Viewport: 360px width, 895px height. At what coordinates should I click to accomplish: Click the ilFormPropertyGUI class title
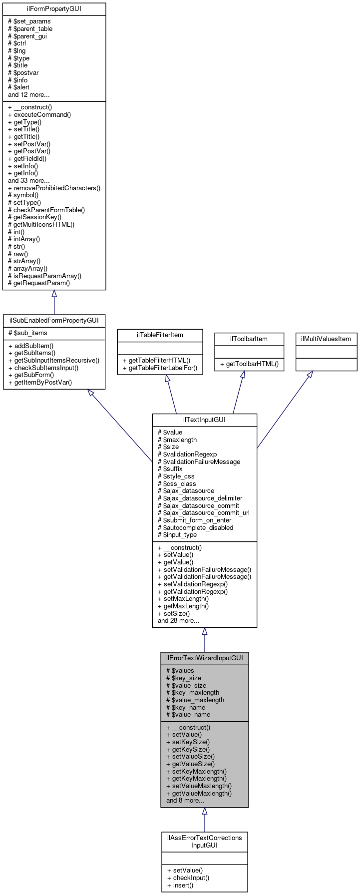tap(54, 9)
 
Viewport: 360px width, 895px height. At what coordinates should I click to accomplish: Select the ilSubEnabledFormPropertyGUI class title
tap(54, 320)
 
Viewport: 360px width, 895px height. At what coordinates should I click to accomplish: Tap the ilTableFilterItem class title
tap(160, 335)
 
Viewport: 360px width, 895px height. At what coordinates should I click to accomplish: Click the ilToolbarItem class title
tap(249, 339)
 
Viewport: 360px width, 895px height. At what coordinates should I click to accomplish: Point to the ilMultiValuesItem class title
tap(326, 339)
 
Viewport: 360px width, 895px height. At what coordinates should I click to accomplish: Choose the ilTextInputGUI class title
tap(204, 420)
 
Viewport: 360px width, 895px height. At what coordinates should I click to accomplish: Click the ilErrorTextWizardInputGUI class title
tap(204, 658)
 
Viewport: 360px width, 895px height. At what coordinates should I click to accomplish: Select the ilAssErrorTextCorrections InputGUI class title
tap(204, 841)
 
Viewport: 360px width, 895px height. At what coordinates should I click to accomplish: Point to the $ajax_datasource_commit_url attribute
tap(203, 512)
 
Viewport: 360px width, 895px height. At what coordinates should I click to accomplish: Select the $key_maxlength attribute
tap(192, 692)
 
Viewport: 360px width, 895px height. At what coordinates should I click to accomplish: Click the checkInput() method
tap(188, 878)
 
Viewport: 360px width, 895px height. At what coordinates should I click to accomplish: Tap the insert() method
tap(180, 885)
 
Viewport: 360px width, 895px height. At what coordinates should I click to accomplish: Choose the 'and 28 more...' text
tap(178, 620)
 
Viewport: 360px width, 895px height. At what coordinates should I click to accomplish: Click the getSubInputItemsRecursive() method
tap(53, 360)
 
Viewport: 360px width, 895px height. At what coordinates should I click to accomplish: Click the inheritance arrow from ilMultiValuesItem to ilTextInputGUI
tap(284, 410)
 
